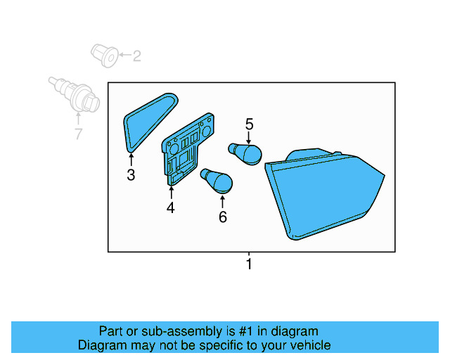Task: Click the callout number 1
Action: point(248,264)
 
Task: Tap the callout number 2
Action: point(136,56)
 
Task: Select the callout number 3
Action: point(131,175)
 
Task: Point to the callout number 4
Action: point(170,207)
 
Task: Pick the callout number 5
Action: point(249,124)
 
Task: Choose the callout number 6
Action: point(223,217)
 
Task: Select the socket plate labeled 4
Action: point(184,151)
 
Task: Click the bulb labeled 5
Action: point(246,153)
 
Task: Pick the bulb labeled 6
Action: point(217,181)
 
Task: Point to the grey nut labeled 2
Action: point(104,56)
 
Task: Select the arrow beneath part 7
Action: point(78,120)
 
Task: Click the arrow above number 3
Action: point(131,159)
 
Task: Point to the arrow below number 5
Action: point(249,138)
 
